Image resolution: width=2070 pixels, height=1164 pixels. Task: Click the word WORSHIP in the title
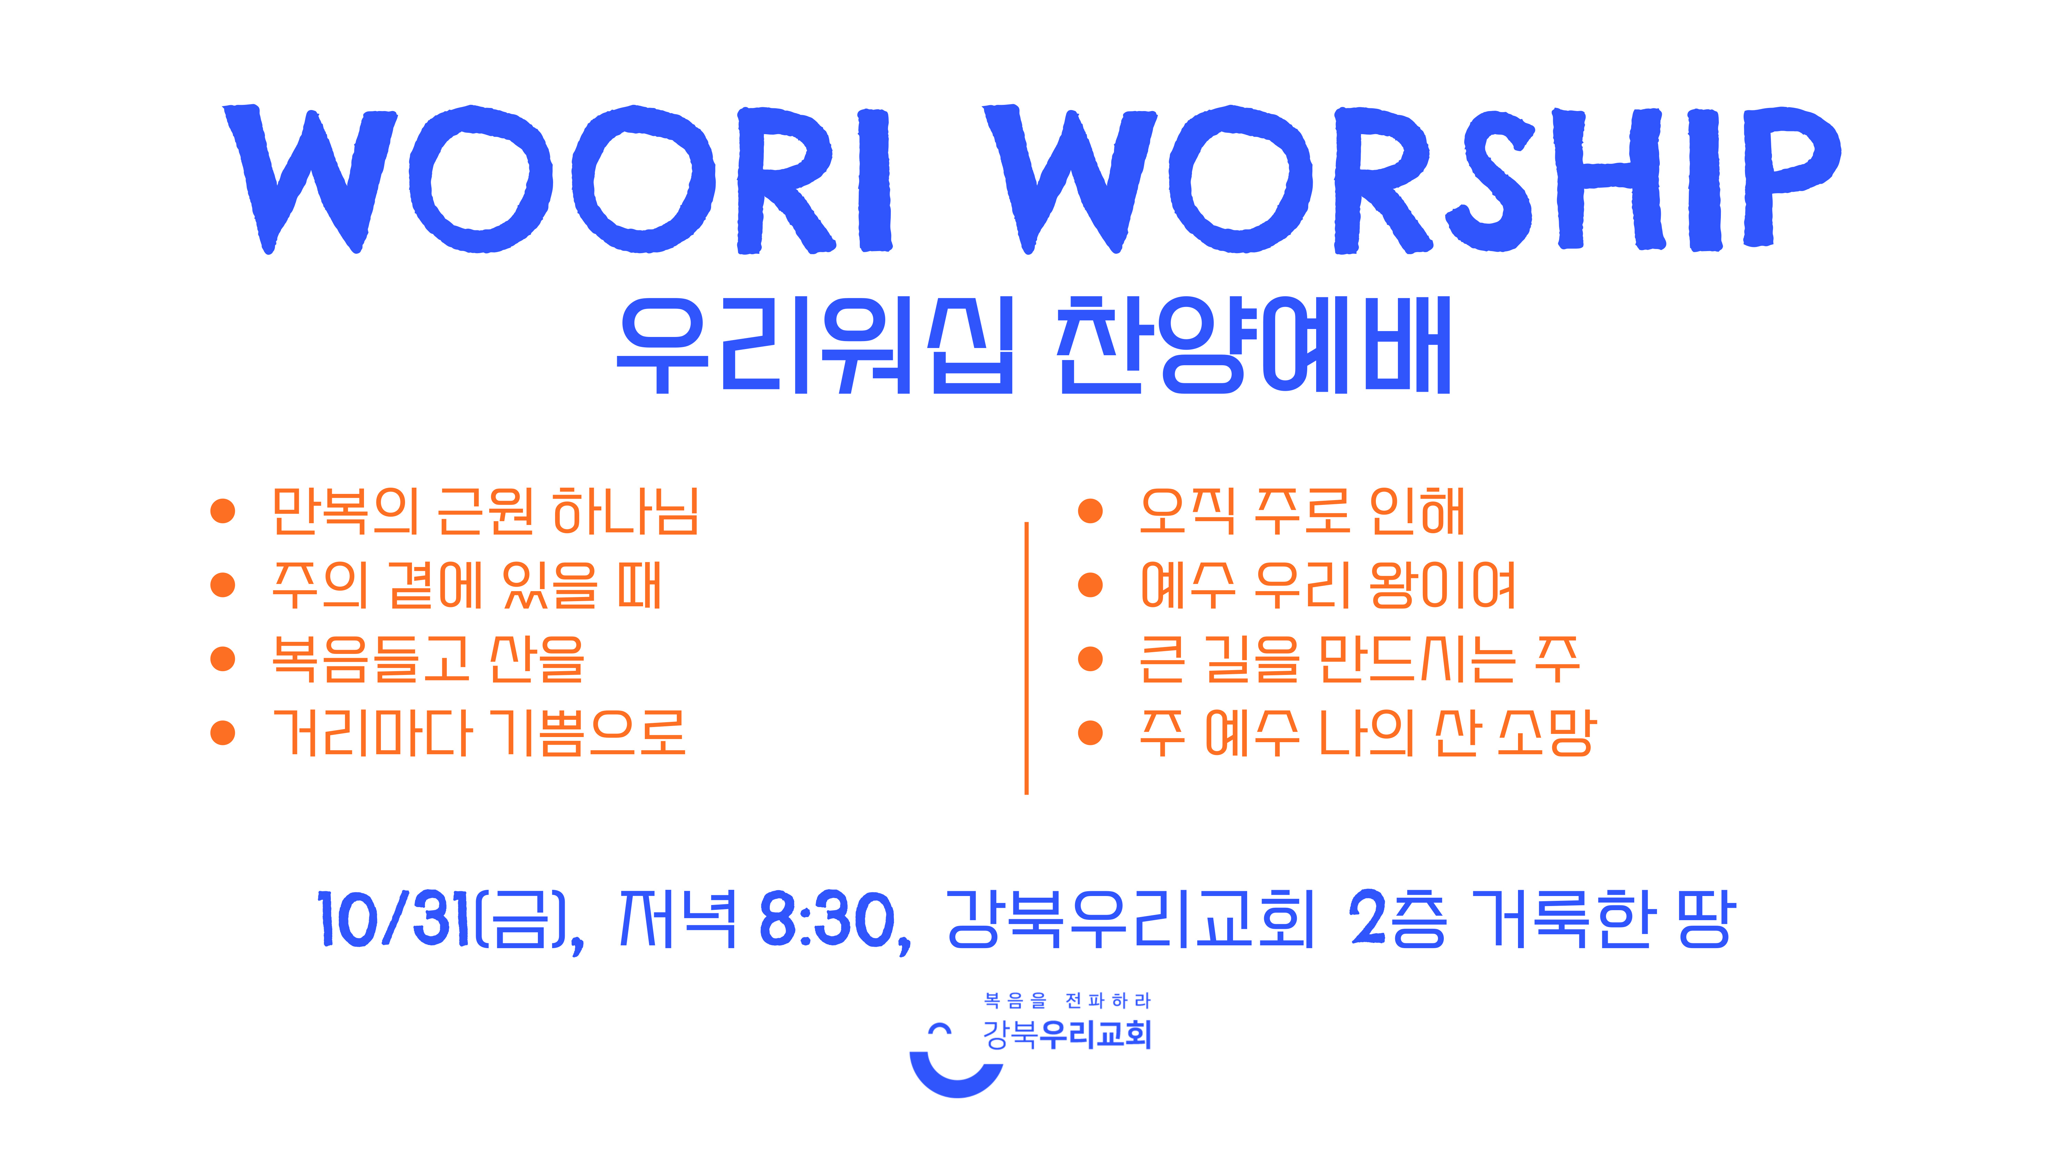click(x=1412, y=179)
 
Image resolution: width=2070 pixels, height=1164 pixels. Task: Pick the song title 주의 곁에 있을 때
click(x=467, y=585)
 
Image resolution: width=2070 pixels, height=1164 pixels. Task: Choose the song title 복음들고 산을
click(x=428, y=659)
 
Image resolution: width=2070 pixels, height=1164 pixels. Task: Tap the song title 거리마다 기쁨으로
click(x=479, y=733)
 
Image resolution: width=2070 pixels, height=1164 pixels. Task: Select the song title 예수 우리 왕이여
click(x=1328, y=585)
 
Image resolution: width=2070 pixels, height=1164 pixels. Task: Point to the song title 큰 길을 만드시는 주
click(x=1360, y=659)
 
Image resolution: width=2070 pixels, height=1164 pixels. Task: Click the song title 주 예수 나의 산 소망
click(x=1368, y=733)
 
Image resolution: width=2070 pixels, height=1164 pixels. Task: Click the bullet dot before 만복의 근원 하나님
click(x=223, y=511)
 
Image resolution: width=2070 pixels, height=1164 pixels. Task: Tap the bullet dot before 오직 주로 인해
click(x=1091, y=511)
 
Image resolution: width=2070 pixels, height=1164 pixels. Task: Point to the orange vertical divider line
click(x=1026, y=658)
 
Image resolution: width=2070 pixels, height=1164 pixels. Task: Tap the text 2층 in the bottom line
click(x=1398, y=919)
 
